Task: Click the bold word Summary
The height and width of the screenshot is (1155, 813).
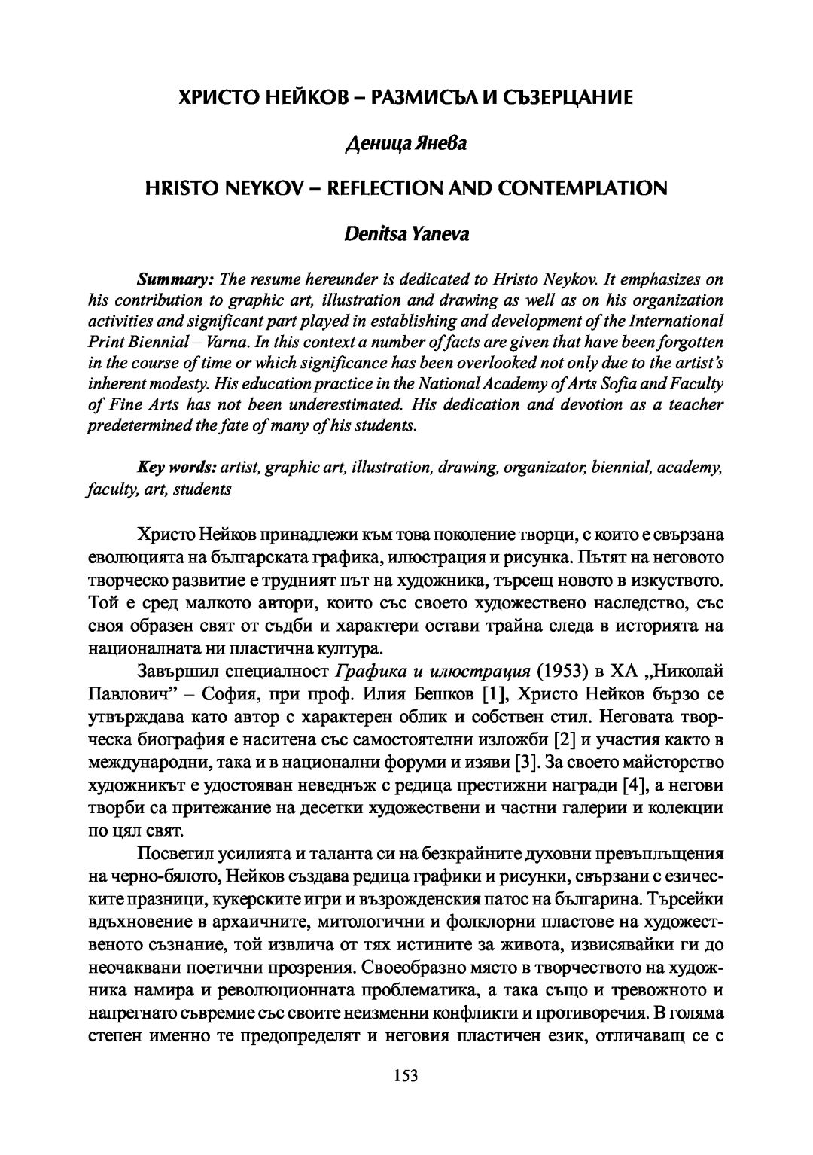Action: pyautogui.click(x=175, y=279)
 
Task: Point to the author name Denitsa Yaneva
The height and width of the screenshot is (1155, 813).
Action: pyautogui.click(x=406, y=233)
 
